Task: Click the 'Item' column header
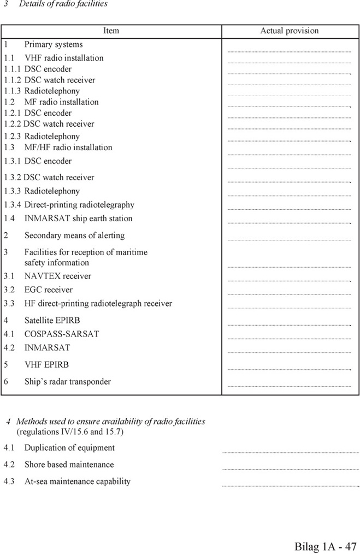coord(111,31)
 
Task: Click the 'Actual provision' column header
coord(289,31)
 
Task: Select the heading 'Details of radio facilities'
coord(63,4)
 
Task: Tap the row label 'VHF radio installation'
coord(63,58)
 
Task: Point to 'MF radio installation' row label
coord(61,102)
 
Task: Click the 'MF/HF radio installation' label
coord(68,148)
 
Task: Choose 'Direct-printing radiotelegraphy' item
coord(79,205)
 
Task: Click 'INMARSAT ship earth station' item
coord(78,219)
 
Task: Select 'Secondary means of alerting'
coord(74,235)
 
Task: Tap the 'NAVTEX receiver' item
coord(57,276)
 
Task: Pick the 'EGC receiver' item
coord(48,290)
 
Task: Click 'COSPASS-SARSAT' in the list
coord(61,334)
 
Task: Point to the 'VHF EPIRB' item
coord(46,364)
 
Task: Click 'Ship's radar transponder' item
coord(67,382)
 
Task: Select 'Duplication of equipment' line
coord(69,448)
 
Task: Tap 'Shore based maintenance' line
coord(69,465)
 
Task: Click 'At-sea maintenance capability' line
coord(77,482)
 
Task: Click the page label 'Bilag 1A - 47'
coord(326,546)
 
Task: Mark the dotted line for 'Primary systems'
coord(289,51)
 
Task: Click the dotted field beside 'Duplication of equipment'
coord(290,452)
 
